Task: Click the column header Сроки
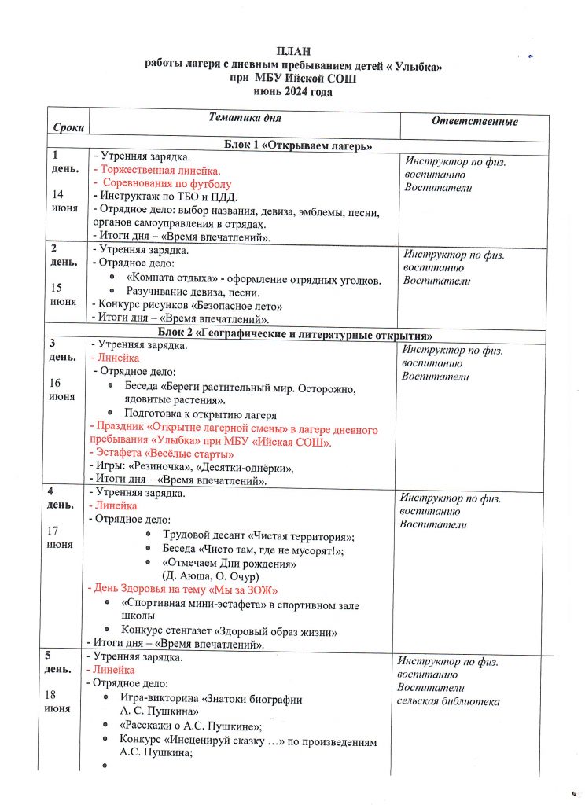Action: (x=68, y=127)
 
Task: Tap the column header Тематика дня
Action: (x=245, y=117)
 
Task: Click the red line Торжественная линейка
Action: (x=157, y=170)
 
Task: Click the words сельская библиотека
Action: (x=447, y=701)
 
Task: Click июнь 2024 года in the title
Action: (x=292, y=92)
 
